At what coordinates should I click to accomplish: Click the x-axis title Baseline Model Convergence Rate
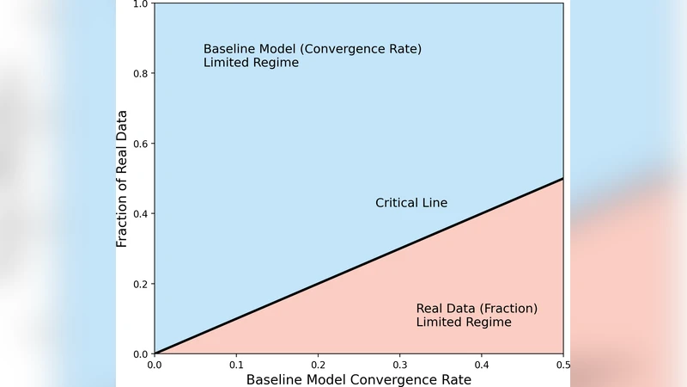coord(359,379)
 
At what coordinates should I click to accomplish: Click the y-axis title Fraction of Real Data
coord(122,178)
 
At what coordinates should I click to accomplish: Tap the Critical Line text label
coord(411,203)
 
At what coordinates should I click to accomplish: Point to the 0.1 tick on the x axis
coord(236,364)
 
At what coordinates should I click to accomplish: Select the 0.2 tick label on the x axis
coord(318,364)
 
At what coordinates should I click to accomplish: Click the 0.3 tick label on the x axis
coord(399,364)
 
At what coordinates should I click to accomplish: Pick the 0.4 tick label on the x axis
coord(481,364)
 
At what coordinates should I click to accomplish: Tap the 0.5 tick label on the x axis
coord(562,364)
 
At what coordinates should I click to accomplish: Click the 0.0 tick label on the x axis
coord(155,364)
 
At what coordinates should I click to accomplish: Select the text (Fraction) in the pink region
coord(508,309)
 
